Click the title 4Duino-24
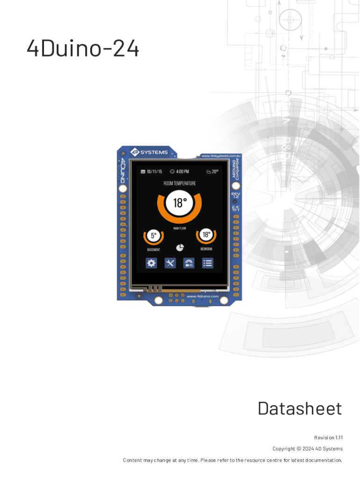tap(83, 49)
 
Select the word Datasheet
tap(299, 408)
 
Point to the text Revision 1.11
tap(328, 437)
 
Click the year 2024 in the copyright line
tap(308, 449)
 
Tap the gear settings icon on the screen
tap(151, 263)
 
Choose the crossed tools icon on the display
tap(170, 263)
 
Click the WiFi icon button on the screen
tap(189, 263)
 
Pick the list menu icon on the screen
tap(208, 263)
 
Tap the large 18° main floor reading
tap(180, 203)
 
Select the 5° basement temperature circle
tap(153, 236)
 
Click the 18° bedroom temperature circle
tap(206, 234)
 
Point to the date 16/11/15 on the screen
tap(151, 172)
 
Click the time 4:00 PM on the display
tap(180, 172)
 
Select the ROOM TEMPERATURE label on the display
tap(180, 183)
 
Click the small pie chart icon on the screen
tap(180, 247)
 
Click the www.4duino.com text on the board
tap(202, 296)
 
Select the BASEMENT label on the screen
tap(153, 250)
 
